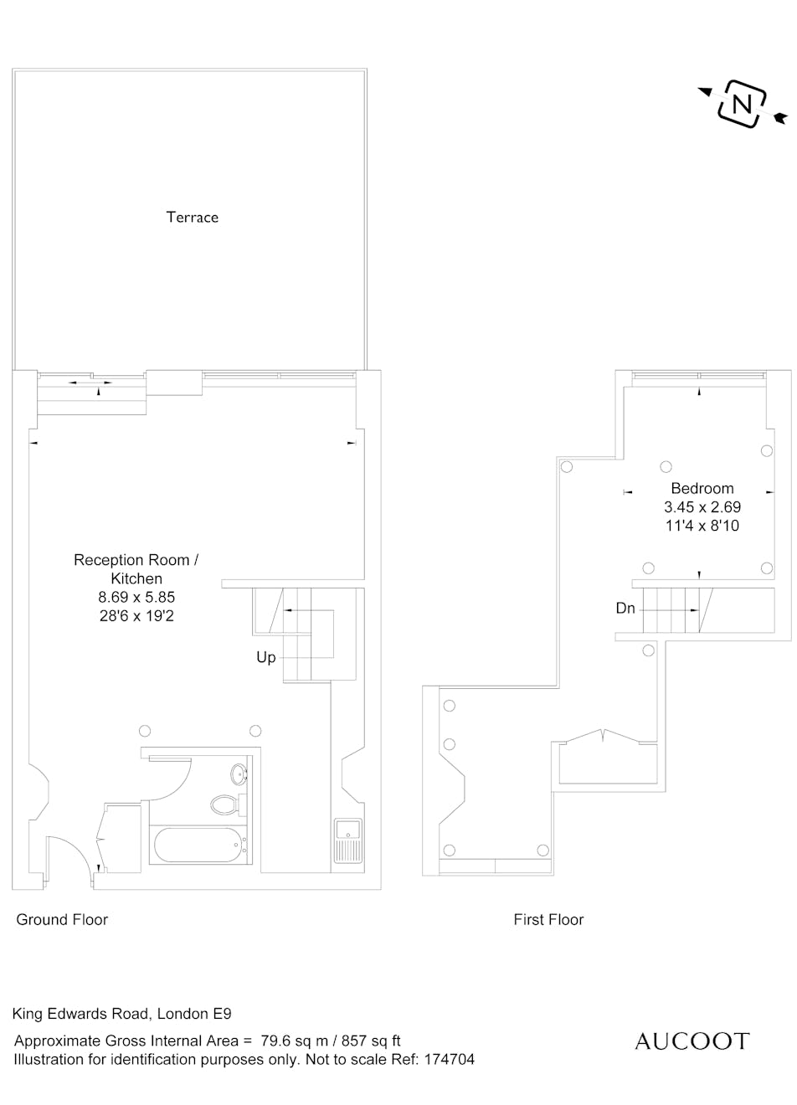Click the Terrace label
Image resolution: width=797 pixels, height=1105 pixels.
[192, 217]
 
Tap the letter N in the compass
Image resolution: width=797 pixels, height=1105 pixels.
[741, 105]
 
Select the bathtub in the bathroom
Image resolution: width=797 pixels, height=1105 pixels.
[198, 845]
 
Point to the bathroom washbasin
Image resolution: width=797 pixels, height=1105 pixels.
[240, 774]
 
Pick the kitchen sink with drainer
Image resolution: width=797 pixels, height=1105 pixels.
[348, 841]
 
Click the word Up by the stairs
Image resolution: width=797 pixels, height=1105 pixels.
[266, 658]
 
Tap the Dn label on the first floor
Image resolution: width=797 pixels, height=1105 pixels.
[625, 609]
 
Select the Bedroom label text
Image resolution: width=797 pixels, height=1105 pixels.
[702, 488]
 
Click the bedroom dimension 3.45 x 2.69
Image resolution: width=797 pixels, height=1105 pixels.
[702, 506]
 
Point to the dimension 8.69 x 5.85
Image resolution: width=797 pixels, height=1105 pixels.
[136, 597]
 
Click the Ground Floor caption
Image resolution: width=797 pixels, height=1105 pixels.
[62, 919]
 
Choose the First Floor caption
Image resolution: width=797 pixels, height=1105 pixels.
[548, 919]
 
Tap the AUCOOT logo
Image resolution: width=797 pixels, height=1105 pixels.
[692, 1042]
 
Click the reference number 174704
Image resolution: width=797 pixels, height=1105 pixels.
[450, 1059]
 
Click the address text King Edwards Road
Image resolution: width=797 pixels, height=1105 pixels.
[80, 1014]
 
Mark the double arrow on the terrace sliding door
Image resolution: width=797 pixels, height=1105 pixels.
[90, 383]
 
